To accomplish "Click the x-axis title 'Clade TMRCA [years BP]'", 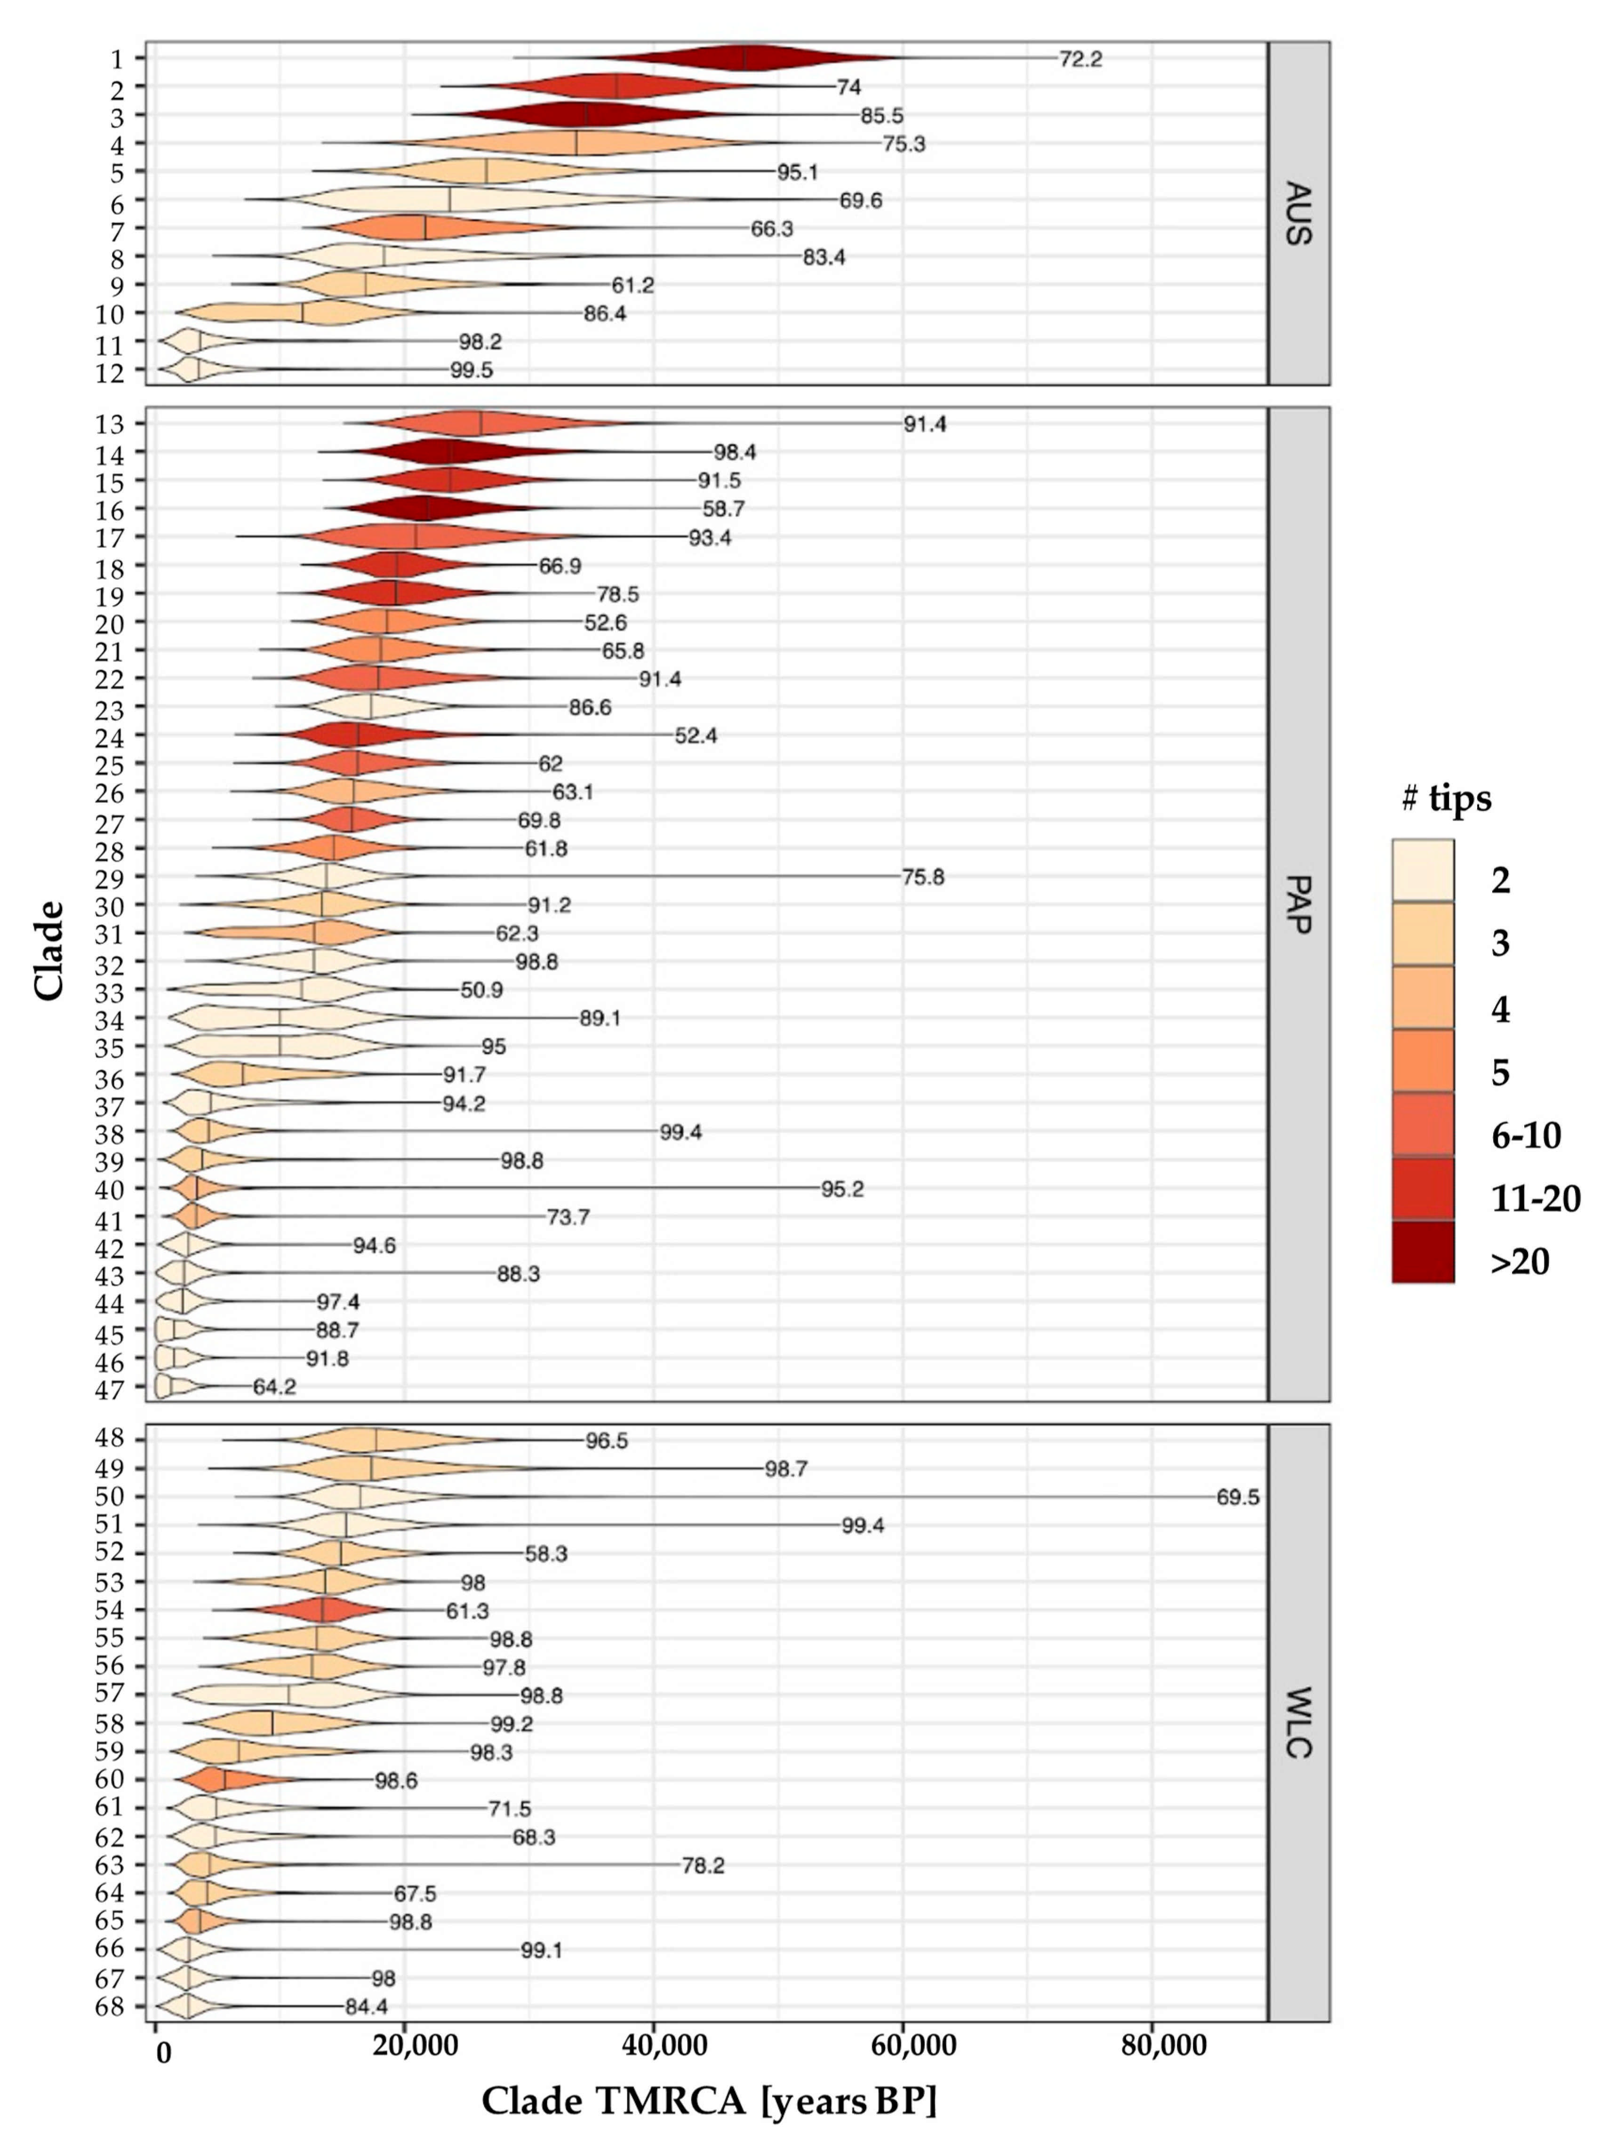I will click(709, 2101).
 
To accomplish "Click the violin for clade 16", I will click(427, 508).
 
